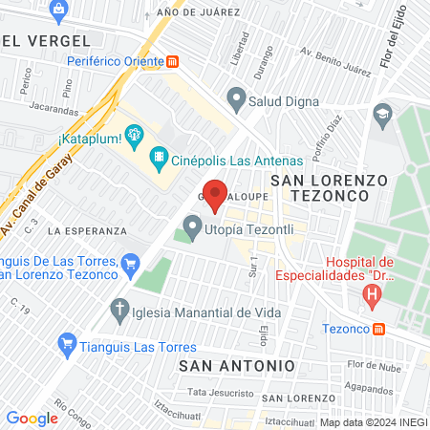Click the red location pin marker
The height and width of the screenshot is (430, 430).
click(x=216, y=193)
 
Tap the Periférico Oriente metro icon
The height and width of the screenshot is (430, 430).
click(x=172, y=60)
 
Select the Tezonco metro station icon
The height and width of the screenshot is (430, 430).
click(x=379, y=330)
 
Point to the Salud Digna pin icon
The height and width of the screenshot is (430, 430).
click(x=235, y=98)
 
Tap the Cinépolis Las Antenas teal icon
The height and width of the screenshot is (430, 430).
click(x=160, y=160)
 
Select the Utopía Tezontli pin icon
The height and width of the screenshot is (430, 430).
click(x=192, y=228)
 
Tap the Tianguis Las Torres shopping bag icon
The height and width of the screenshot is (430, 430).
click(x=66, y=342)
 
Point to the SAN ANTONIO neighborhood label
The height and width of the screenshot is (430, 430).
click(x=237, y=366)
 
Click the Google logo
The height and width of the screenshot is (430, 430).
click(x=32, y=418)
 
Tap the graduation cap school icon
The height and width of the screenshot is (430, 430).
click(x=383, y=114)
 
